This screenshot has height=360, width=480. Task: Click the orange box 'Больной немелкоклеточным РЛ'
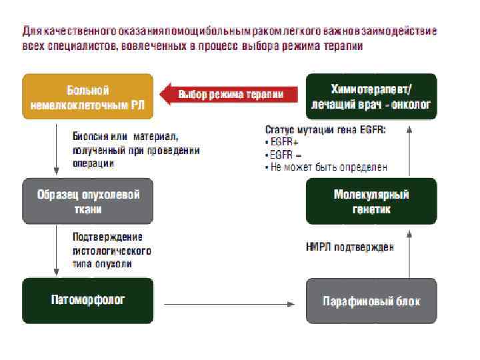88,97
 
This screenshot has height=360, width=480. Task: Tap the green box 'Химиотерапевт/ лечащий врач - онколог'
371,97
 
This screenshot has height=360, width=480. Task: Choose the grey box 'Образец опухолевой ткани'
88,201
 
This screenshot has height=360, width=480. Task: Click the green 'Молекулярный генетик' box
371,201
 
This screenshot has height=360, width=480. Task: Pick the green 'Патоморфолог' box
88,301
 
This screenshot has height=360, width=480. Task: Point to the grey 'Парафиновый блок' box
371,301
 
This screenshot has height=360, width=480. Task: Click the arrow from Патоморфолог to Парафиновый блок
230,305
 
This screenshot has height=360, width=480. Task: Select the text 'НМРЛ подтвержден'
349,247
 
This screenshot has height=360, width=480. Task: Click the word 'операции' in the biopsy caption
93,163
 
